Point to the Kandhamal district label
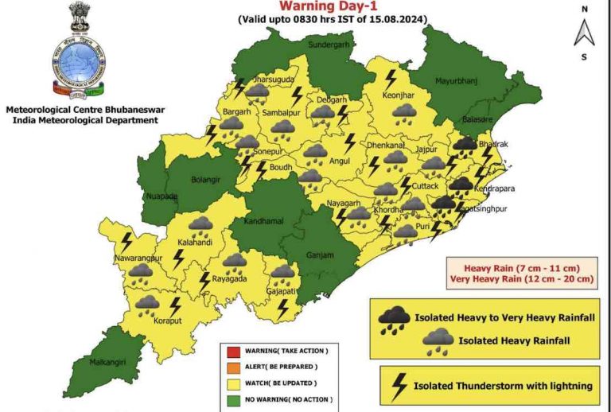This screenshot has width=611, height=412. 263,220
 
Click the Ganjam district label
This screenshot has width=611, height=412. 318,255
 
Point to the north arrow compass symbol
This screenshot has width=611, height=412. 584,33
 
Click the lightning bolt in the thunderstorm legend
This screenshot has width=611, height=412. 394,387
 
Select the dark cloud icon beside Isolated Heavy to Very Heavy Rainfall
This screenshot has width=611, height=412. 394,319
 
